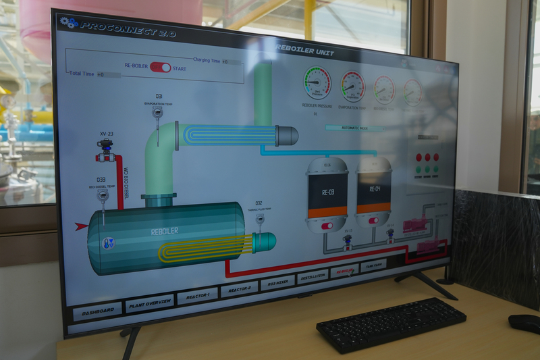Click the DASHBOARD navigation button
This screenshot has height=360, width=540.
[97, 311]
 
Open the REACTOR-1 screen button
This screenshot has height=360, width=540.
[197, 296]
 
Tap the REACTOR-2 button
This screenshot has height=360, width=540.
[239, 289]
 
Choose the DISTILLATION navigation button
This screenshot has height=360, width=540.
[313, 276]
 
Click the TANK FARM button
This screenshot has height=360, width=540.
[373, 265]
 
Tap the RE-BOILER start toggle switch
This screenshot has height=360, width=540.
[161, 67]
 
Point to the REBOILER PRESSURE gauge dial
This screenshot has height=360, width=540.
[317, 82]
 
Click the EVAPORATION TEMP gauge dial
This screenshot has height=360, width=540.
[352, 86]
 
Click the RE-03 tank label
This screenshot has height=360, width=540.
[327, 190]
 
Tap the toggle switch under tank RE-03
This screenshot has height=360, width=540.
[327, 226]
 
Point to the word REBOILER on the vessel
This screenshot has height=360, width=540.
[165, 230]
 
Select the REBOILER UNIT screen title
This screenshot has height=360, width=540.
[304, 49]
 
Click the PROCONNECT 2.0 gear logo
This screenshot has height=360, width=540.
[69, 22]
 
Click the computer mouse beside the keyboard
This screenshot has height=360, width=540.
[524, 323]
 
